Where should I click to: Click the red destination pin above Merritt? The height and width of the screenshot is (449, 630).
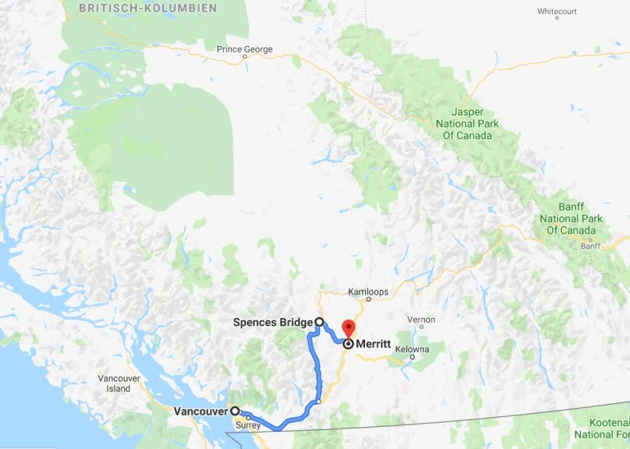(x=348, y=328)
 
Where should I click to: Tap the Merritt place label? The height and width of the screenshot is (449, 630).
(x=375, y=345)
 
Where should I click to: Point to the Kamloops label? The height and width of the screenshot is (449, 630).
(x=367, y=292)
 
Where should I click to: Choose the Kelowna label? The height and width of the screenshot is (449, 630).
(x=412, y=349)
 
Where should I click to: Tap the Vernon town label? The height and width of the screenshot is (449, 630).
(x=422, y=320)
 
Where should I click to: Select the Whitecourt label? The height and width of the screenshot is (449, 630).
(x=558, y=11)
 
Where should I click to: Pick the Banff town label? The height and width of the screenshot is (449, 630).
(x=591, y=246)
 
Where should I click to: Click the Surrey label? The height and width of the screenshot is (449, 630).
(x=247, y=425)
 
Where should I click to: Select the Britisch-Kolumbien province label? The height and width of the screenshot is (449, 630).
(x=148, y=8)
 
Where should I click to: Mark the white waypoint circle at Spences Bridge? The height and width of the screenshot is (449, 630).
(x=319, y=322)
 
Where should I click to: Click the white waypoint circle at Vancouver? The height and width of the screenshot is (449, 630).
(x=235, y=411)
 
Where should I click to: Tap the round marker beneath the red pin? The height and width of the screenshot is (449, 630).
(x=348, y=344)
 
